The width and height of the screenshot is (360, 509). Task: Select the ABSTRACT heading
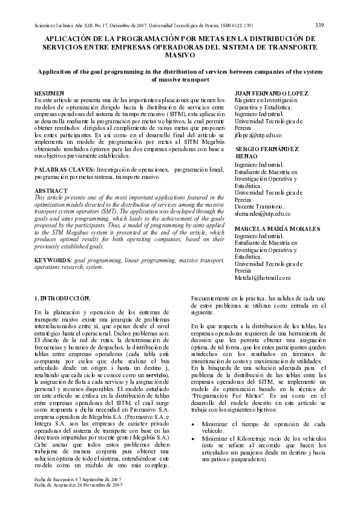(x=51, y=190)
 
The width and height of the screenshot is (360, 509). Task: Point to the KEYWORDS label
(x=53, y=259)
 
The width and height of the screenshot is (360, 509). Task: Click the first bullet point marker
(x=192, y=425)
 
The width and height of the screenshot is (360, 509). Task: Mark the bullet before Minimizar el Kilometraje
(x=192, y=438)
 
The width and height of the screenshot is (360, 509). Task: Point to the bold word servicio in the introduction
(x=154, y=375)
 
